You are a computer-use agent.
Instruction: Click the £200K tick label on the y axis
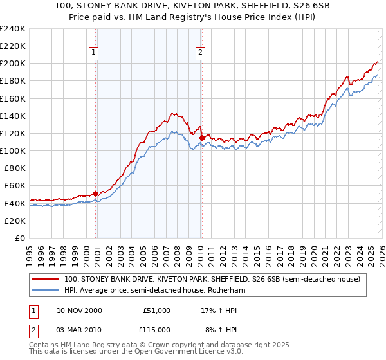[12, 64]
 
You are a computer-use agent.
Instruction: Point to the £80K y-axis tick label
[14, 168]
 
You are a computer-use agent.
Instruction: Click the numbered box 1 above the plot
[94, 53]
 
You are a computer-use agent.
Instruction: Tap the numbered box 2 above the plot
[201, 53]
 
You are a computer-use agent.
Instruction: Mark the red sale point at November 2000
[96, 193]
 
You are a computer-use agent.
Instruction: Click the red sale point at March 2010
[202, 138]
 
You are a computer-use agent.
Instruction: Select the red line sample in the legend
[46, 279]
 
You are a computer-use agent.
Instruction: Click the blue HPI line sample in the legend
[46, 290]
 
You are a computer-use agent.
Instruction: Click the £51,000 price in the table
[156, 310]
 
